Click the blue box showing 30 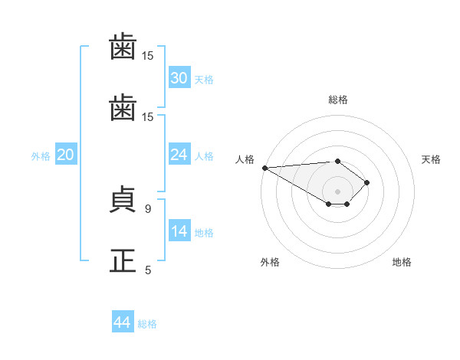click(179, 77)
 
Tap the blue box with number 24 click(179, 154)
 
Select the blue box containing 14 click(179, 230)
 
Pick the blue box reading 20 click(66, 154)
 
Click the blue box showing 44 click(123, 321)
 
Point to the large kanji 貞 click(123, 199)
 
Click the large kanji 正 click(123, 260)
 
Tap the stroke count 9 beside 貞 click(148, 209)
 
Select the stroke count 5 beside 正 click(148, 270)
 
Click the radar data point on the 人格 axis click(265, 168)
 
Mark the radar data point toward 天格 click(366, 182)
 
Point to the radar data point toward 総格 click(337, 162)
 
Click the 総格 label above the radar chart click(338, 100)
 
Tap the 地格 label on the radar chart click(402, 262)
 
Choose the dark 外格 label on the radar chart click(270, 262)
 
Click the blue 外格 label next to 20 click(41, 156)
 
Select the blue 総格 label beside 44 click(147, 324)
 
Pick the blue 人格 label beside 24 click(204, 156)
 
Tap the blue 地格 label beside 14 click(204, 233)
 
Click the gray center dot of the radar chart click(337, 191)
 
